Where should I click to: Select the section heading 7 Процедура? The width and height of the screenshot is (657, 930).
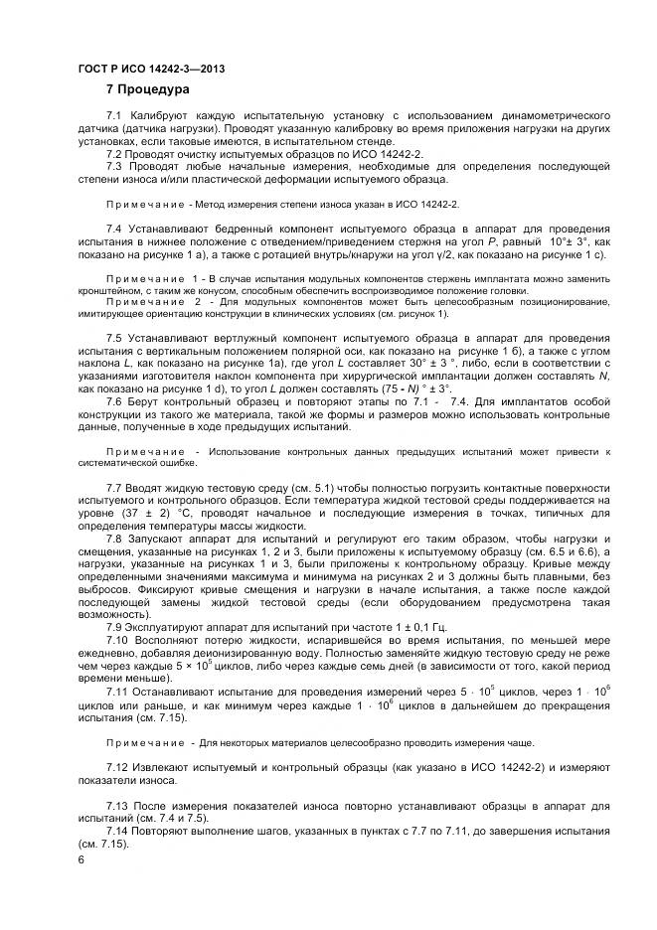[x=147, y=90]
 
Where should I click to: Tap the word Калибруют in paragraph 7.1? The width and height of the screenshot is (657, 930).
[x=160, y=117]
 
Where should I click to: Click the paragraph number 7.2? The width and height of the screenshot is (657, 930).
[x=114, y=155]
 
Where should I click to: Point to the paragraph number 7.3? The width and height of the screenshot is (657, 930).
[x=114, y=167]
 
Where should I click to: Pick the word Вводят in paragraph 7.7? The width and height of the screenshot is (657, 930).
[x=148, y=487]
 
